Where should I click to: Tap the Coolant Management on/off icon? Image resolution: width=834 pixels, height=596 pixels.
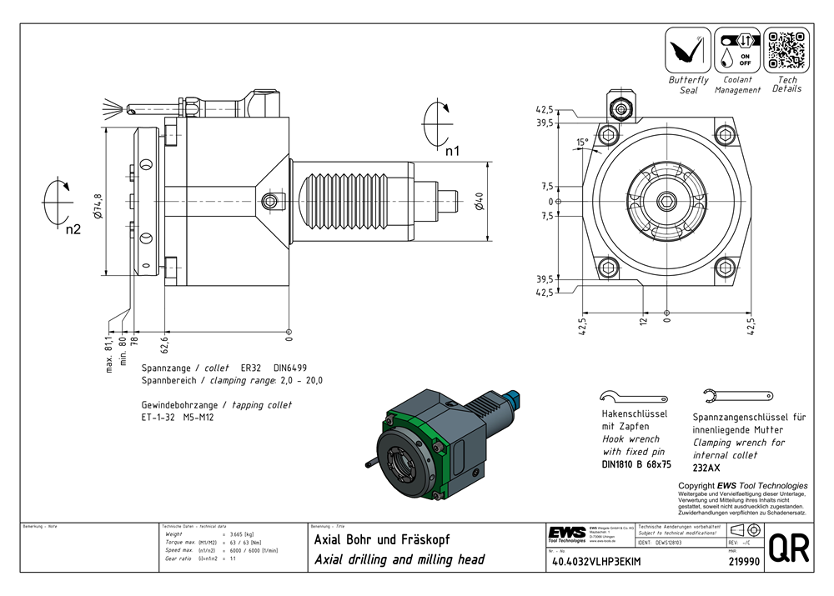point(736,50)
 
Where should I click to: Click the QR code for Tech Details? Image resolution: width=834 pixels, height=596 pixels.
point(786,50)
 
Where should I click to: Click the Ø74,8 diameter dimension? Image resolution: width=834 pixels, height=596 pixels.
point(98,205)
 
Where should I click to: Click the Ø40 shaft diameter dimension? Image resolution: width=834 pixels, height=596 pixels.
point(478,203)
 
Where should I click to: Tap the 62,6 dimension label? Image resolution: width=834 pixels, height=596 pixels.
point(165,342)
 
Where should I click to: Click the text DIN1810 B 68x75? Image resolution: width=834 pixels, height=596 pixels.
point(636,464)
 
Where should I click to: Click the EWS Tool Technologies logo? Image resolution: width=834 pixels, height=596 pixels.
point(567,533)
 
